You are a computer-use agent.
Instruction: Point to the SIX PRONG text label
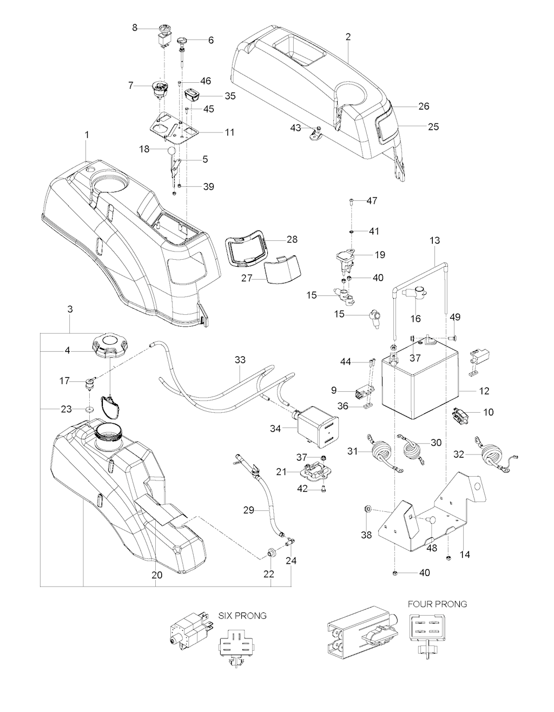pyautogui.click(x=242, y=616)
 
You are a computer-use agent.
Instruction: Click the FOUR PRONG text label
pyautogui.click(x=437, y=604)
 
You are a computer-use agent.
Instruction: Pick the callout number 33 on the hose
pyautogui.click(x=240, y=359)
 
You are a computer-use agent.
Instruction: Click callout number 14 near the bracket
pyautogui.click(x=465, y=555)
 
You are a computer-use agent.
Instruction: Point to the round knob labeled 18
pyautogui.click(x=172, y=151)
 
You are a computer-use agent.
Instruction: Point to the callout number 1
pyautogui.click(x=87, y=133)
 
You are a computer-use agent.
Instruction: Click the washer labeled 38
pyautogui.click(x=368, y=509)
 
